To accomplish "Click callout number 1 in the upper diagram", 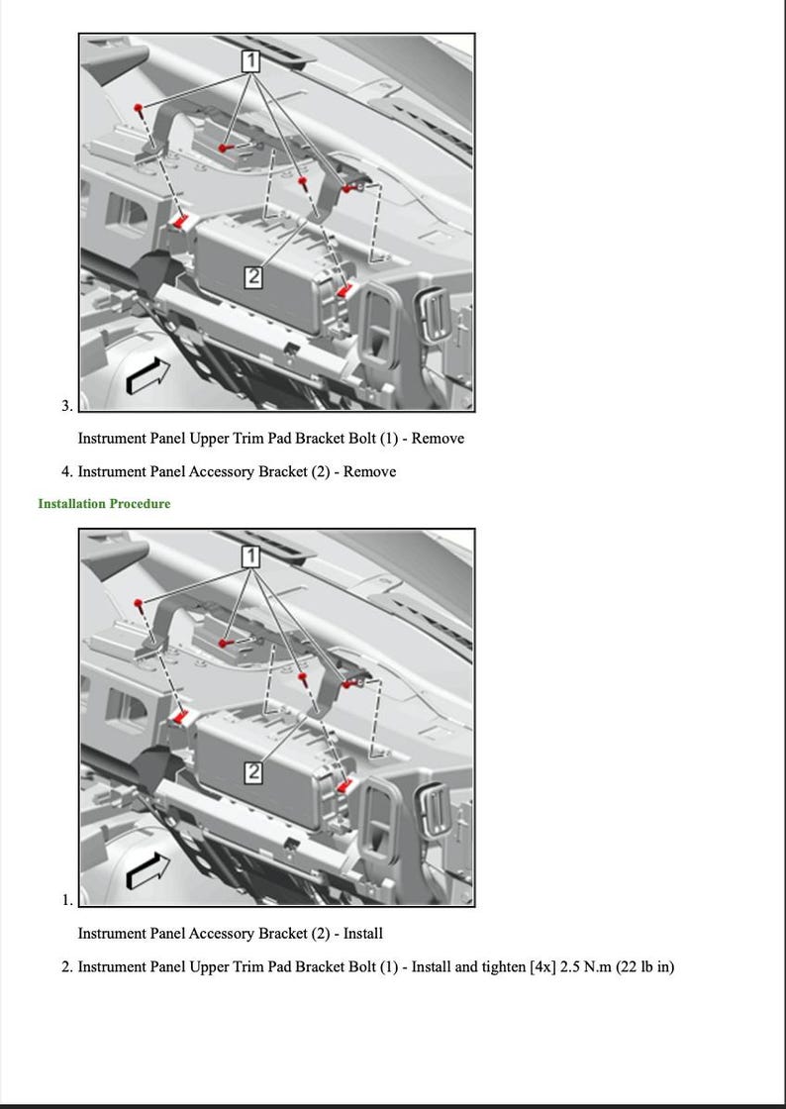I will click(251, 61).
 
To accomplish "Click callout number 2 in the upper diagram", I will click(253, 277).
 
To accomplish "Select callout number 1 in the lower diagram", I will click(251, 556).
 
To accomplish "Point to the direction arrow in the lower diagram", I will click(147, 871).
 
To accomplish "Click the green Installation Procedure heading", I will click(104, 504).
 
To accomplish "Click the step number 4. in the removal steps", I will click(67, 472).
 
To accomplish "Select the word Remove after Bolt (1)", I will click(437, 439).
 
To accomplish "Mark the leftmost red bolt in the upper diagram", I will click(142, 107).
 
